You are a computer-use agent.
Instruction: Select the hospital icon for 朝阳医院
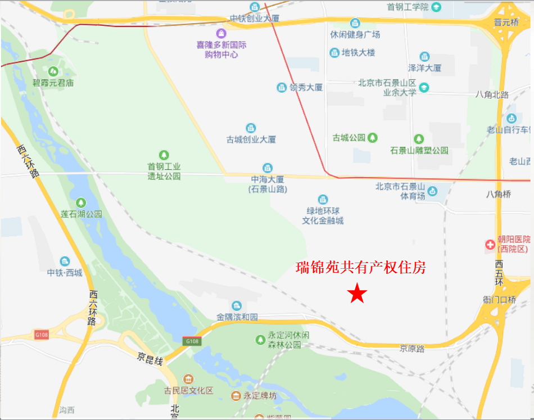point(490,245)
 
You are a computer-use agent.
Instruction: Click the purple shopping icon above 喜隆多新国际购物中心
point(221,34)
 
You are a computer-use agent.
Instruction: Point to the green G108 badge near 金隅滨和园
point(191,341)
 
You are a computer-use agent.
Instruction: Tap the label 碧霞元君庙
point(53,83)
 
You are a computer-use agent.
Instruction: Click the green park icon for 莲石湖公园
point(82,202)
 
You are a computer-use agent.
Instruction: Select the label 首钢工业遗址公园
point(164,171)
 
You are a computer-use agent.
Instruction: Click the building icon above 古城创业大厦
point(251,128)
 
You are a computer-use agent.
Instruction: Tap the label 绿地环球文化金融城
point(323,216)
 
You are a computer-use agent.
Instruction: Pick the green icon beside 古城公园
point(372,137)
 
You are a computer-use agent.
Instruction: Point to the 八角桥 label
point(499,194)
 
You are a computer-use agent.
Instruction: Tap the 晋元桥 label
point(506,22)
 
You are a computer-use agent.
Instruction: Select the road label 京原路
point(413,348)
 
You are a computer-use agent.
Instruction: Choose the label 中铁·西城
point(65,273)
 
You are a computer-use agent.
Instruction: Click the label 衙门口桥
point(499,300)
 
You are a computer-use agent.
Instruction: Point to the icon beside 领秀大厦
point(281,87)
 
